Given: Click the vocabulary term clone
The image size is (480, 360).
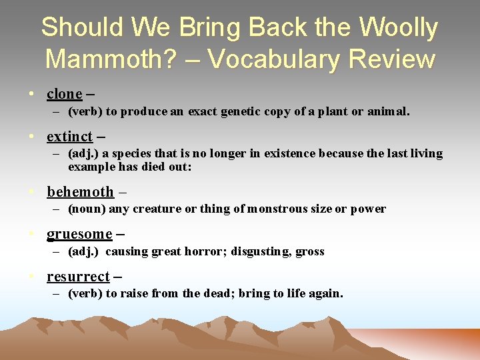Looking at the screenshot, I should click(x=64, y=94).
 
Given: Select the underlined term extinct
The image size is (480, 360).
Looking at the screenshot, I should click(x=69, y=137).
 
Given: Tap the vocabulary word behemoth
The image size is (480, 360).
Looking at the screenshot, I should click(x=80, y=192).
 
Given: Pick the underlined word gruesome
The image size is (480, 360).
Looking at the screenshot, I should click(x=79, y=234).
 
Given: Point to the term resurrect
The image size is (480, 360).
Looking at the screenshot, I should click(x=78, y=277).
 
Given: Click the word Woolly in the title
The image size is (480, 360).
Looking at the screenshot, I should click(x=398, y=28).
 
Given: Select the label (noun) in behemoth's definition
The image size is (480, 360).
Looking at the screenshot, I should click(x=86, y=209).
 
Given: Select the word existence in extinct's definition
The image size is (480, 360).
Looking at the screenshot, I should click(x=291, y=153).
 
